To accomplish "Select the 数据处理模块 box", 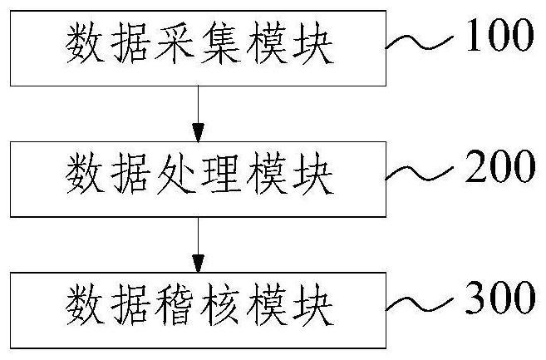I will pos(198,176).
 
